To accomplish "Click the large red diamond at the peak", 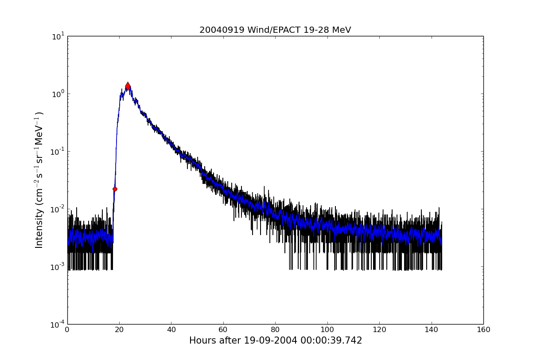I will point(128,86).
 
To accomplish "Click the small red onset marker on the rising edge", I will point(115,189).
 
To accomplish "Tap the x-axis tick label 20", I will point(119,330).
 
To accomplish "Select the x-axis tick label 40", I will point(171,330).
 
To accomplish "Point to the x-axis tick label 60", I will point(223,330).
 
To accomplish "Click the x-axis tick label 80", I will point(275,330).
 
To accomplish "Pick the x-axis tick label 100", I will point(327,330).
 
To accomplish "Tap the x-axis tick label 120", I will point(379,330).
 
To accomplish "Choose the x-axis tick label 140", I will point(431,330).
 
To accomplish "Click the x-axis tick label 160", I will point(483,330).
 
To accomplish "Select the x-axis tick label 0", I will point(67,330).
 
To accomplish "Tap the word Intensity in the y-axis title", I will point(39,229).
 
